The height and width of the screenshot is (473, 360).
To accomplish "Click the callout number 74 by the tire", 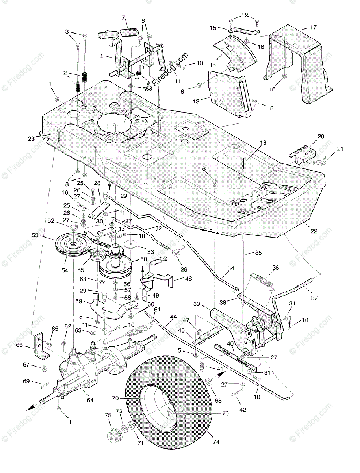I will [216, 442].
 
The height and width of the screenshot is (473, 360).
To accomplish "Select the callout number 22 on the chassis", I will [314, 232].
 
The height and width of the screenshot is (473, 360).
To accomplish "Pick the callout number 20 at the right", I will [321, 136].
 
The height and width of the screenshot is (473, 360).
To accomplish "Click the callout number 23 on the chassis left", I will [32, 138].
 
